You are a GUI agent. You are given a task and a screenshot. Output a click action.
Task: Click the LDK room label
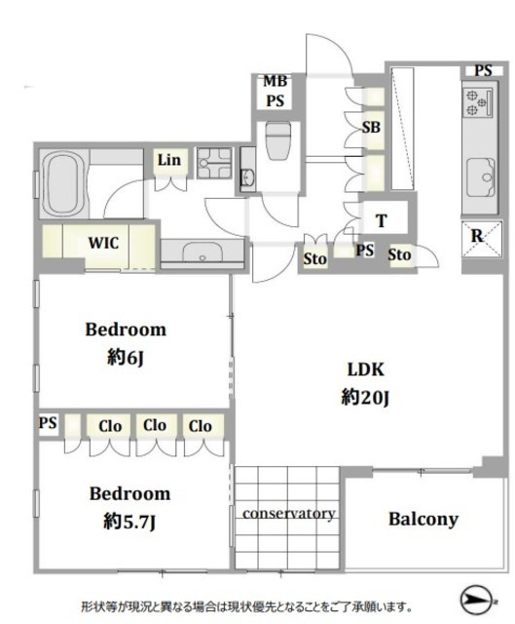tap(366, 370)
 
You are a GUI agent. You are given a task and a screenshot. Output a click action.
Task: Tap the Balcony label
tap(423, 519)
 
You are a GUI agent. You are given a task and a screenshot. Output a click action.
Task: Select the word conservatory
tap(289, 514)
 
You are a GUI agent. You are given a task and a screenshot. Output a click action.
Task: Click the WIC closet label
tap(103, 243)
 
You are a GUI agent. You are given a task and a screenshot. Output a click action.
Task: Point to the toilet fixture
tap(278, 140)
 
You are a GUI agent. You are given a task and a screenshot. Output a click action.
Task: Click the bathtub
tap(63, 184)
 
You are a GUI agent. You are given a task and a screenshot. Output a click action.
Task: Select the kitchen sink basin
tap(481, 176)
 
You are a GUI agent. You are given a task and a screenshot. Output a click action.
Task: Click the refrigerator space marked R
tap(482, 239)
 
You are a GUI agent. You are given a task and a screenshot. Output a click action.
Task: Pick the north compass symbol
tap(476, 599)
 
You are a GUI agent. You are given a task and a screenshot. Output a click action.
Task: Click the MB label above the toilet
tap(275, 81)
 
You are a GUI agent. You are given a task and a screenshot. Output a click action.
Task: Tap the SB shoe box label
tap(371, 128)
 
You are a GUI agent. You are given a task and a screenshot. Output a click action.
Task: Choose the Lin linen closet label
tap(168, 160)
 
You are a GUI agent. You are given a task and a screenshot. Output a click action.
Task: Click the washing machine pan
tap(214, 163)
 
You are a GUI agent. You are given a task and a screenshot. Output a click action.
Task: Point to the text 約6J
tap(125, 358)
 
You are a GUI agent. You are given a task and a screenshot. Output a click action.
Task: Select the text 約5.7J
tap(129, 522)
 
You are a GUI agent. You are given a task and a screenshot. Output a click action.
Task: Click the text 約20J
tap(365, 397)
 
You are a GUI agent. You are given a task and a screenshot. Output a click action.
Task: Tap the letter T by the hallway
tap(382, 220)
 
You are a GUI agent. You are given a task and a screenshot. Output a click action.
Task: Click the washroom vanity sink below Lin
tap(202, 251)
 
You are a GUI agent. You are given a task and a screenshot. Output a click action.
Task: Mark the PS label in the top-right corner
tap(483, 70)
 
